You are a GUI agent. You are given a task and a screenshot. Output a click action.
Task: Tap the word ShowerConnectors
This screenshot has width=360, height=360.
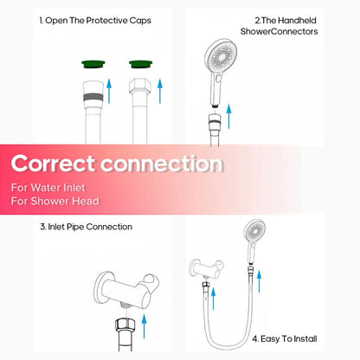[x=286, y=30]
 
